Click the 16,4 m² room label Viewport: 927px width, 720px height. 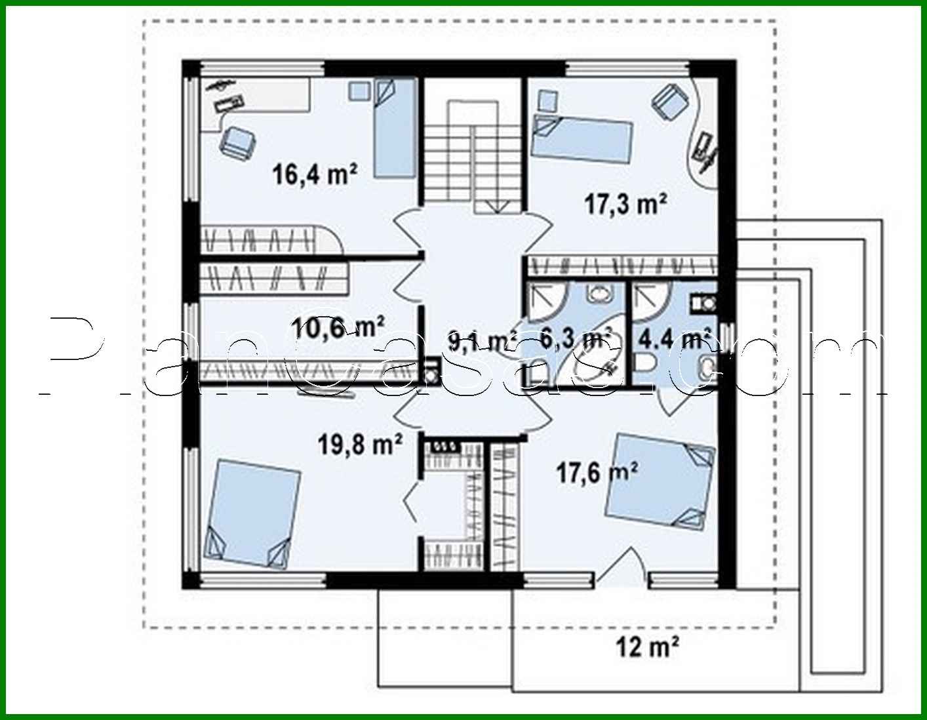tap(315, 175)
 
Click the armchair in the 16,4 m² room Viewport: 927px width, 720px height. tap(237, 142)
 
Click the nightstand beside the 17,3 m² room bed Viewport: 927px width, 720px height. tap(547, 100)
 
